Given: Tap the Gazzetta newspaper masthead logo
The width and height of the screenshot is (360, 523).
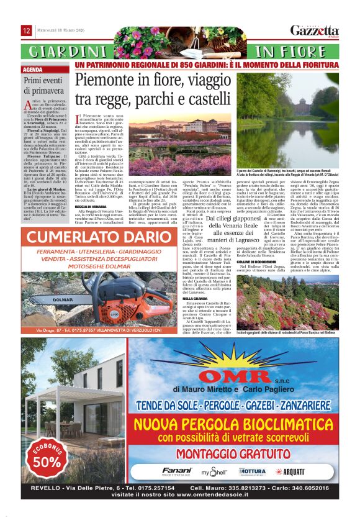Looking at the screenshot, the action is click(316, 30).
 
